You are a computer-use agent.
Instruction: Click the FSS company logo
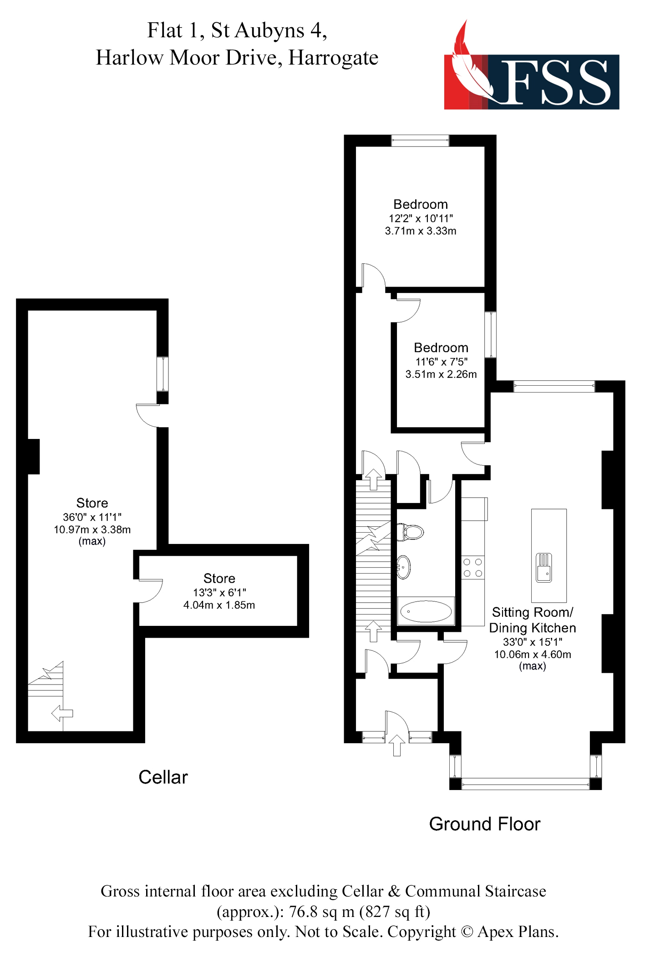click(x=531, y=73)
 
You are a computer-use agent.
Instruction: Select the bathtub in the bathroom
click(x=426, y=611)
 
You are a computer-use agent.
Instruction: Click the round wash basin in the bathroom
click(x=403, y=567)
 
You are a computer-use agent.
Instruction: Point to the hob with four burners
click(x=472, y=568)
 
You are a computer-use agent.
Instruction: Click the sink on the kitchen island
click(x=544, y=568)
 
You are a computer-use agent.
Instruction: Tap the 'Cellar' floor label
click(x=163, y=777)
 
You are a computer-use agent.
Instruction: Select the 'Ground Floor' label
click(x=484, y=824)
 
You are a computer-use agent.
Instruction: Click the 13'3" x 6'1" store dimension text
click(x=219, y=592)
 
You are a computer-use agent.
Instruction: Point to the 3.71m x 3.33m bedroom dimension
click(x=421, y=231)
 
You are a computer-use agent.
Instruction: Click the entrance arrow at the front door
click(x=397, y=745)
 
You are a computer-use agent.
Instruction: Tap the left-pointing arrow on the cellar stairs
click(x=62, y=713)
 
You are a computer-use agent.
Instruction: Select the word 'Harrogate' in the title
click(x=333, y=58)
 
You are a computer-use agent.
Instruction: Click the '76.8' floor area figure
click(x=303, y=912)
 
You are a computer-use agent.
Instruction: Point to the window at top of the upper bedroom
click(x=420, y=141)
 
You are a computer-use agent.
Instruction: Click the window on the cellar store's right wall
click(x=163, y=374)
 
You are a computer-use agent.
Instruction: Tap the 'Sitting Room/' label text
click(x=533, y=612)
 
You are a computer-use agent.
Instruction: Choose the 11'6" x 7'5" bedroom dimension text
click(x=441, y=362)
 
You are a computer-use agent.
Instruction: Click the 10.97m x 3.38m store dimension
click(x=92, y=529)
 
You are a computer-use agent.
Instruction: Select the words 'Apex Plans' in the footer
click(x=517, y=932)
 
